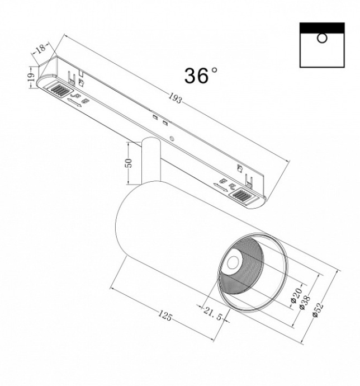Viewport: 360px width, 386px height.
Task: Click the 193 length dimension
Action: (176, 99)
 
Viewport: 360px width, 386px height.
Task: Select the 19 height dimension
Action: (31, 79)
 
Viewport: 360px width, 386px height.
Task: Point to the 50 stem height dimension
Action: (128, 163)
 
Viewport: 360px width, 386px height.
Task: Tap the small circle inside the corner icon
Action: (321, 38)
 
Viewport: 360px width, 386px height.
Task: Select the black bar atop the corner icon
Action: (321, 27)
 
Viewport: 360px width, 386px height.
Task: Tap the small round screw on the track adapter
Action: (173, 138)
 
